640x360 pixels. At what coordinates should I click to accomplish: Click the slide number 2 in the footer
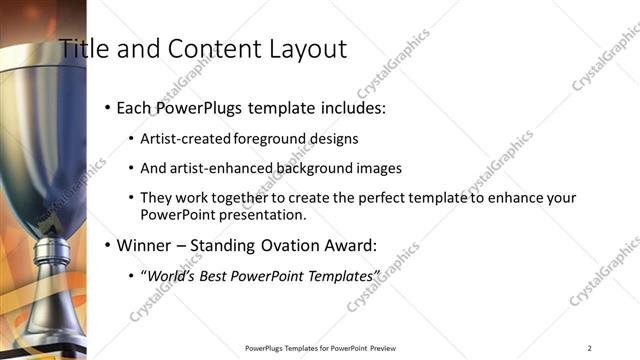tap(589, 348)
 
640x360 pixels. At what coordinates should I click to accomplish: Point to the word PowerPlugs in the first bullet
tap(206, 107)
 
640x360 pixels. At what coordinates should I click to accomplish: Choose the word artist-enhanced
tap(218, 168)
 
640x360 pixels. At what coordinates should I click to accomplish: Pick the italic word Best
tap(218, 275)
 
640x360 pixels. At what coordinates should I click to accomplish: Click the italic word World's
tap(172, 275)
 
